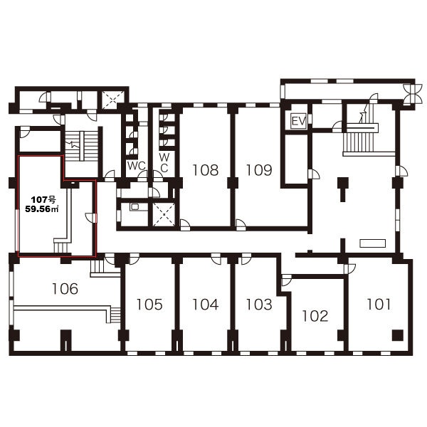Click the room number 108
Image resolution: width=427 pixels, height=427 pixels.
[x=206, y=170]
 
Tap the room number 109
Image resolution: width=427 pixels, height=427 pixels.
[x=259, y=170]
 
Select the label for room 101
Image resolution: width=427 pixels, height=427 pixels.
[x=379, y=304]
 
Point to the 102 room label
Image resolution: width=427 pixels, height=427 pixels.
[x=315, y=316]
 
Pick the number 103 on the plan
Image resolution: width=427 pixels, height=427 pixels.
[x=259, y=304]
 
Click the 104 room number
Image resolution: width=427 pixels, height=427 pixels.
[x=206, y=304]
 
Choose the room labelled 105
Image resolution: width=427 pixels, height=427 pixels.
[x=149, y=304]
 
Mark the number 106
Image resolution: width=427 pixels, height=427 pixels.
[x=65, y=289]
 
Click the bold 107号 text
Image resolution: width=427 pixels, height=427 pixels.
[x=43, y=200]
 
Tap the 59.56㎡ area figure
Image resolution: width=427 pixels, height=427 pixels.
[x=42, y=209]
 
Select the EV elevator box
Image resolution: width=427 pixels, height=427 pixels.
[x=299, y=121]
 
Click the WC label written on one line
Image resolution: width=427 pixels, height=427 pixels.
[x=137, y=166]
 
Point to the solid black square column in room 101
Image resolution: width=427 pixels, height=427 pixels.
[x=398, y=335]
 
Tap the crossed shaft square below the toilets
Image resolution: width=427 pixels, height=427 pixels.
[x=164, y=215]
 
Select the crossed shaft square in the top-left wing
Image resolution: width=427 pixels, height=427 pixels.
[x=113, y=100]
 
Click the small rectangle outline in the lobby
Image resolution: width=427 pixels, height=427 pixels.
[x=372, y=243]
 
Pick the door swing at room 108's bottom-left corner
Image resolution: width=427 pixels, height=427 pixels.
[x=185, y=224]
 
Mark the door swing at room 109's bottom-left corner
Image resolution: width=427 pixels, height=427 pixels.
[x=241, y=224]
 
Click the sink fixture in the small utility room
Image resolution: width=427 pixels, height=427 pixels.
[x=135, y=207]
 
